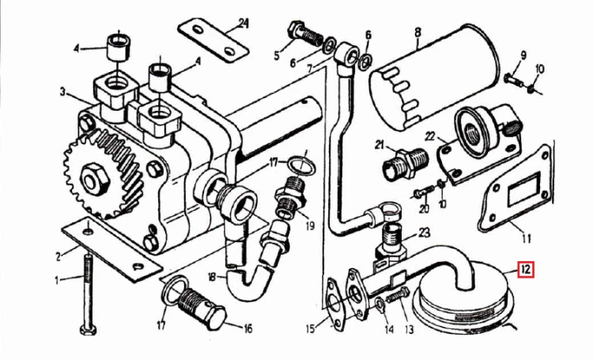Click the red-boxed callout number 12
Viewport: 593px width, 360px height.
[525, 270]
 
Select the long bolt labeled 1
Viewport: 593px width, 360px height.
[88, 294]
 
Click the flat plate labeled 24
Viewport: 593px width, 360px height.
[213, 42]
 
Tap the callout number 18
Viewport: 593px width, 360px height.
[213, 278]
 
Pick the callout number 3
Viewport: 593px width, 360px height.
[63, 93]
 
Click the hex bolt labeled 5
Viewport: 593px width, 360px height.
[305, 34]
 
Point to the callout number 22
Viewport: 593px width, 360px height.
[430, 137]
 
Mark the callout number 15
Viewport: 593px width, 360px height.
[311, 328]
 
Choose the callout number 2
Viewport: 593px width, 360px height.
[58, 257]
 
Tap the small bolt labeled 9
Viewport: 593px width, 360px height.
[513, 80]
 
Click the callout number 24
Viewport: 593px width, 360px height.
[244, 24]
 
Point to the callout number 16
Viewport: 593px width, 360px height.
[247, 328]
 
